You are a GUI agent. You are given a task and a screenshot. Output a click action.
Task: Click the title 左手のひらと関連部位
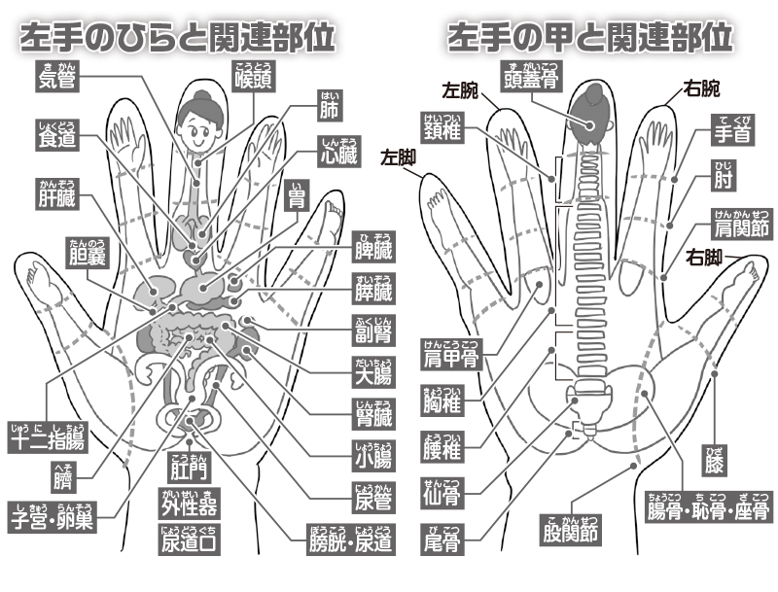pyautogui.click(x=179, y=37)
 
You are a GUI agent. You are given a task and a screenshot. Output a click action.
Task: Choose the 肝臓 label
pyautogui.click(x=57, y=199)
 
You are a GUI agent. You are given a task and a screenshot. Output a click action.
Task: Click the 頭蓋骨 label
pyautogui.click(x=528, y=79)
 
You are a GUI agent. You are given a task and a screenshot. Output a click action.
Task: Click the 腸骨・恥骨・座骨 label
pyautogui.click(x=709, y=510)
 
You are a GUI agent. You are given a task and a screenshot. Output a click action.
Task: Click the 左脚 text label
pyautogui.click(x=399, y=156)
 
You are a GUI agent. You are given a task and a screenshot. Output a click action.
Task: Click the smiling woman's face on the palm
pyautogui.click(x=202, y=127)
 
